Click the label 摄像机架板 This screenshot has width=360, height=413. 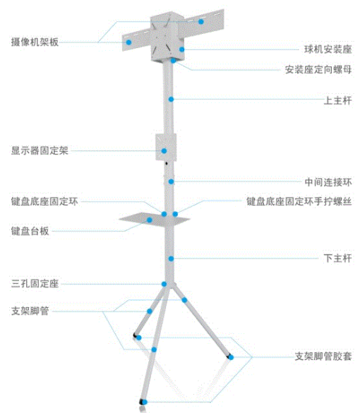pos(35,42)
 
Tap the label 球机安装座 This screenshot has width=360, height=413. pos(328,49)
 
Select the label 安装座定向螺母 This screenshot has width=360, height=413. pos(318,69)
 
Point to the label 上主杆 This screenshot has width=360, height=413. pos(337,100)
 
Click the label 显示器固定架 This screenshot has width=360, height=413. pos(40,150)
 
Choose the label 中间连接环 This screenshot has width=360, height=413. pos(328,182)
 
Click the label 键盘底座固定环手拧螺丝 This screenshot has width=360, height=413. pos(299,201)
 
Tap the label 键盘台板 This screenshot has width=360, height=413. pos(30,231)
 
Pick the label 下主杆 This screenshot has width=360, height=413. pos(337,258)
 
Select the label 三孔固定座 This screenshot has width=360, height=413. pos(35,284)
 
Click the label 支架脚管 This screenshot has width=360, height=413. pos(30,311)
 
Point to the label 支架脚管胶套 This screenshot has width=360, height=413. pos(323,357)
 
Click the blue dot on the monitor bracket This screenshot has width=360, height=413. pos(164,151)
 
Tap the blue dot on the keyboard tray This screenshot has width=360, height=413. pos(150,220)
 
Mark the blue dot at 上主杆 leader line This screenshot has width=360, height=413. pos(172,100)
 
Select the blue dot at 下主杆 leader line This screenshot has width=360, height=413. pos(172,258)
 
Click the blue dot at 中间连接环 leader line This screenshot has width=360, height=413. pos(172,181)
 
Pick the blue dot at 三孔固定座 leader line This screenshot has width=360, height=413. pos(164,284)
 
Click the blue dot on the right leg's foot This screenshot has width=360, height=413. pos(231,357)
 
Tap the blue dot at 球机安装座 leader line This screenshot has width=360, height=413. pos(182,49)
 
